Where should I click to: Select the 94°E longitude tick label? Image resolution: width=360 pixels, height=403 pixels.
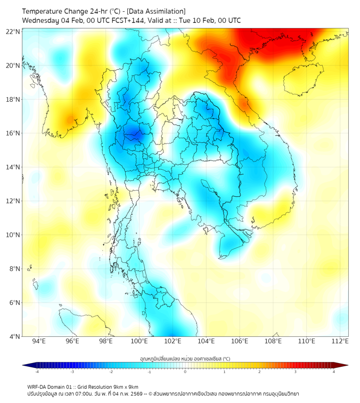[39, 341]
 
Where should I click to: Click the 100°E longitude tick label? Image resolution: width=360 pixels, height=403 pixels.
[140, 341]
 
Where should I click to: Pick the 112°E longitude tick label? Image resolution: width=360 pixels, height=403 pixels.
[340, 341]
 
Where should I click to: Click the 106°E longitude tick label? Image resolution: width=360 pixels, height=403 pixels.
[240, 341]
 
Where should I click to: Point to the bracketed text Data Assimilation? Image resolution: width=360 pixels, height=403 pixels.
[157, 11]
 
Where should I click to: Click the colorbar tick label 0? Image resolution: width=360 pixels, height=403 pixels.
[185, 372]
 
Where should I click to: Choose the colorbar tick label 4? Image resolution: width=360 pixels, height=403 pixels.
[334, 372]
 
